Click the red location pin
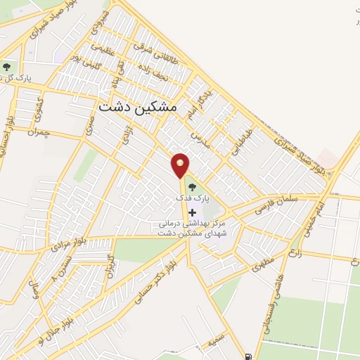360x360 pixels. (x=181, y=166)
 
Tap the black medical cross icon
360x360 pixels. (x=193, y=212)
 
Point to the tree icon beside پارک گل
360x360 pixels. (x=6, y=67)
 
